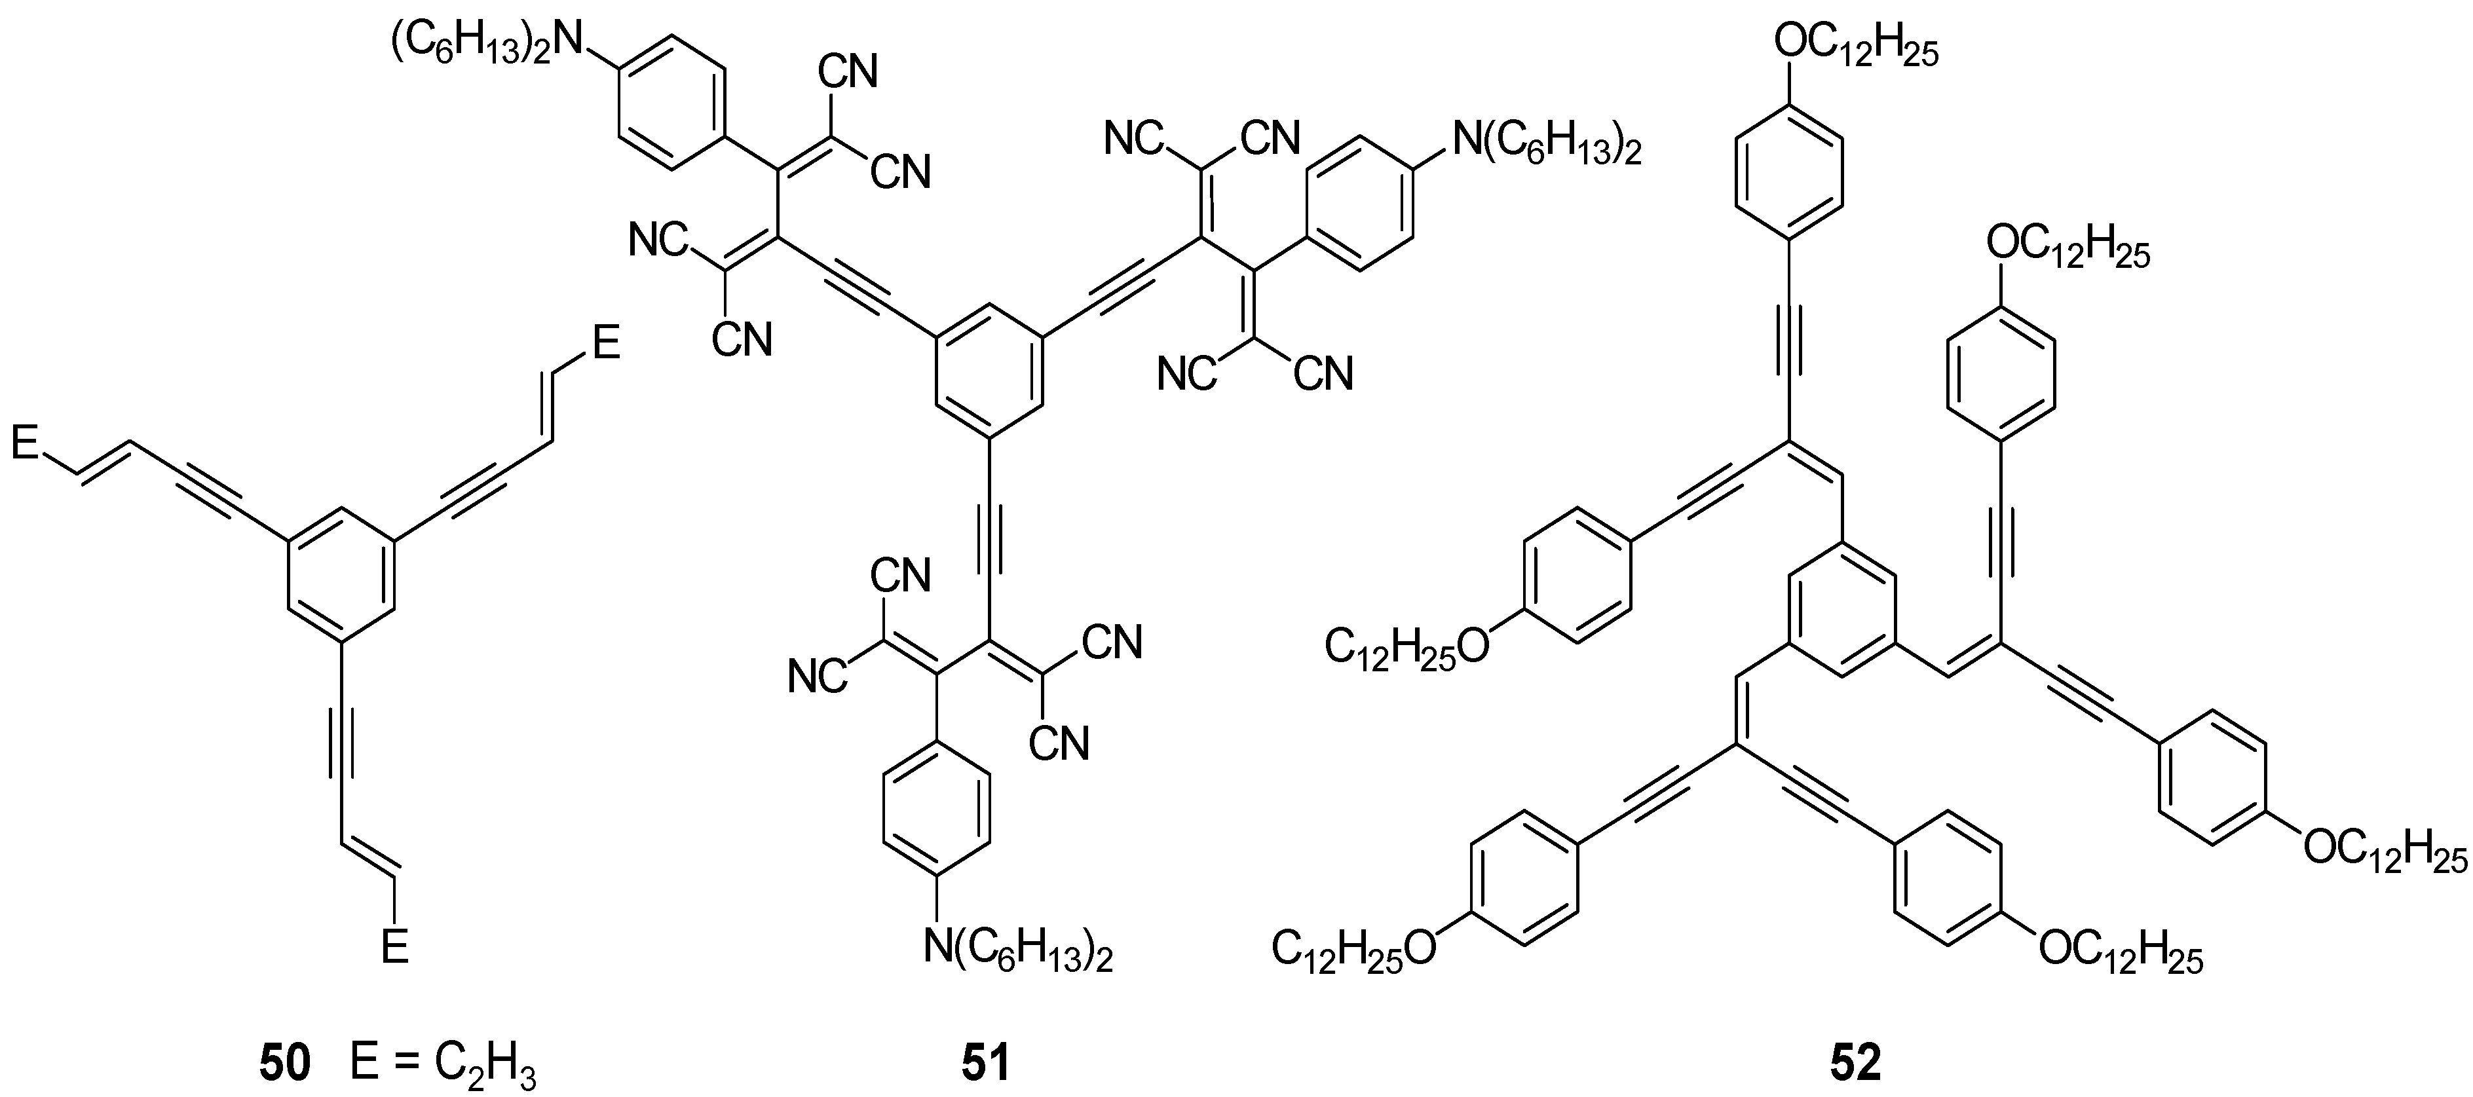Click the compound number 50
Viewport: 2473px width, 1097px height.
(285, 1064)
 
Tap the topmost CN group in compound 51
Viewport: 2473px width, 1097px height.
(848, 72)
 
